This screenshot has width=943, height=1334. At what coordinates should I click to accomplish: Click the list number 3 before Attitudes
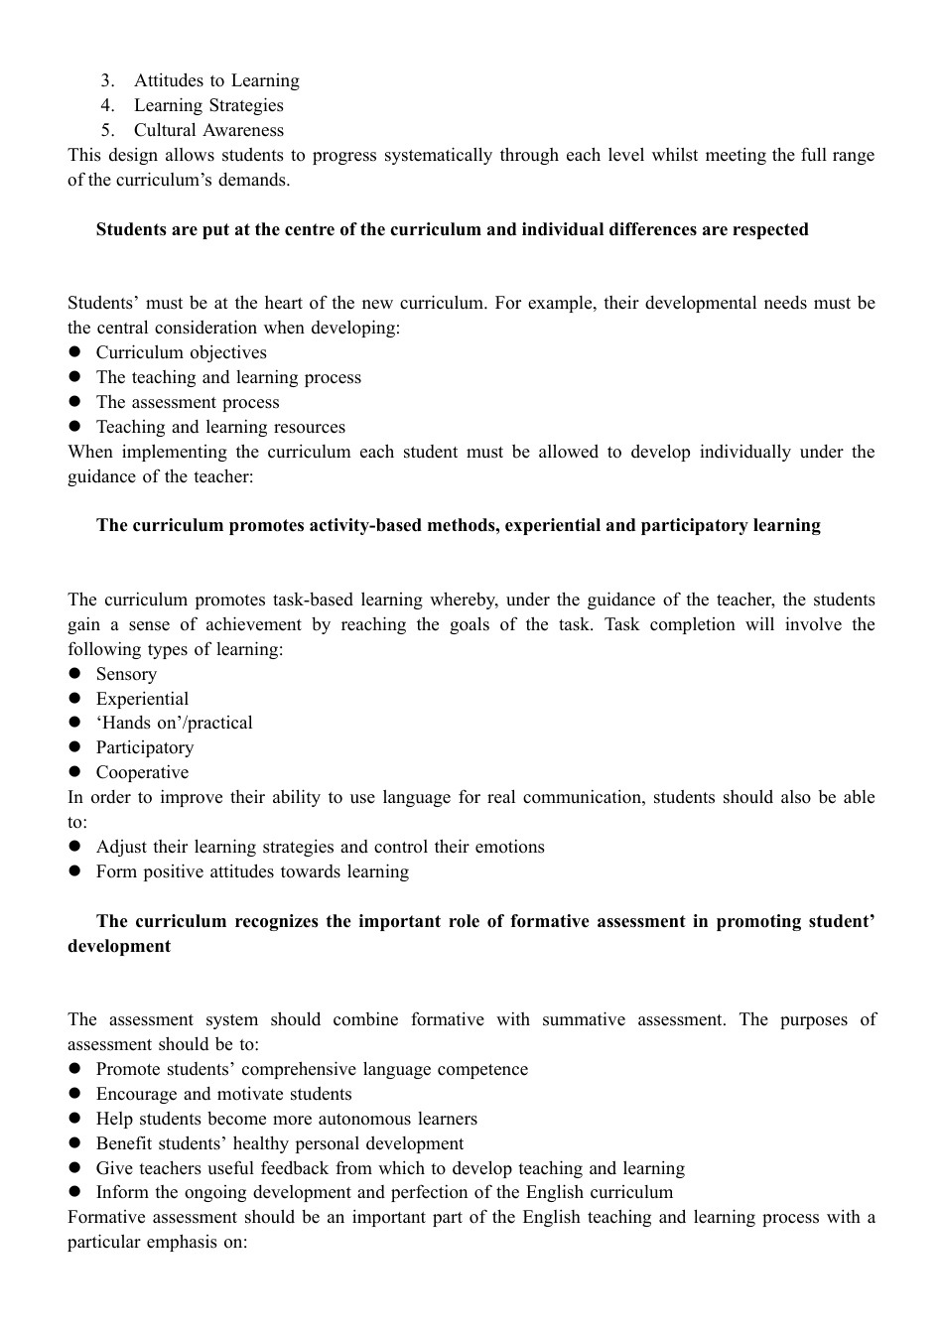[x=107, y=81]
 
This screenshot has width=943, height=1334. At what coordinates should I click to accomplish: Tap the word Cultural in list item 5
[x=165, y=131]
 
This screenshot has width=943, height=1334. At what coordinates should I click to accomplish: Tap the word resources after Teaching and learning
[x=312, y=428]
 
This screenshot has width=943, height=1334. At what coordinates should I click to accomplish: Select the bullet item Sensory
[x=126, y=675]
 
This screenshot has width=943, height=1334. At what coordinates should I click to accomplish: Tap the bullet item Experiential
[x=142, y=700]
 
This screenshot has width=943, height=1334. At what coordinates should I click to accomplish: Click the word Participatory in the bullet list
[x=145, y=748]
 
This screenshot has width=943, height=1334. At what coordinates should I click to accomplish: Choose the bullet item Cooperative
[x=142, y=773]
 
